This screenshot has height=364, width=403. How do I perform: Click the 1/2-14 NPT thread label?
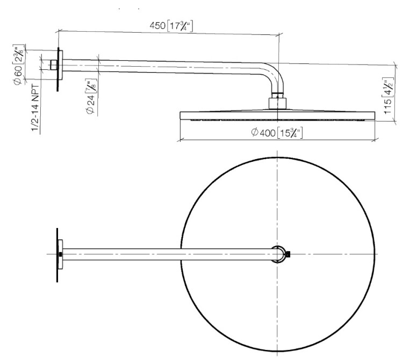[35, 109]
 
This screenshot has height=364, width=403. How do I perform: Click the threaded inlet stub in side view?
[54, 65]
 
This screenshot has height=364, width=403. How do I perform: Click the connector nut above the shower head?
[277, 103]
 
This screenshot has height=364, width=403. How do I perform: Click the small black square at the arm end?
[289, 254]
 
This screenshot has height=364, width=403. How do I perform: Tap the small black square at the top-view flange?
[60, 254]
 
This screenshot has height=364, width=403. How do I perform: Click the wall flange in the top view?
[59, 254]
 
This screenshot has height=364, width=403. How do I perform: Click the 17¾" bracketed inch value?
[180, 26]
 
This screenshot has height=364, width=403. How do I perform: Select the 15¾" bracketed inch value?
[290, 133]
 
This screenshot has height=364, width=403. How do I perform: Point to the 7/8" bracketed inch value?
[91, 87]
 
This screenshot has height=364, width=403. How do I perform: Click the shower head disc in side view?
[278, 116]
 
